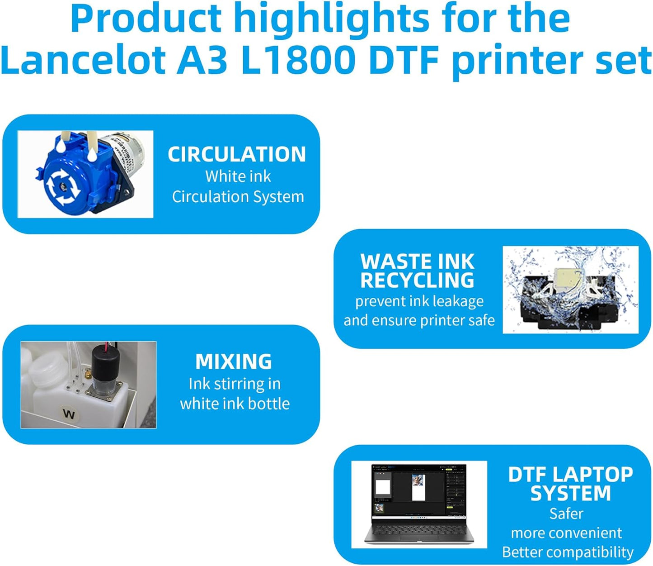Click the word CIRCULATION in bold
[237, 154]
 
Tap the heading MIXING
[234, 361]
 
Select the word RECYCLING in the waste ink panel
[417, 281]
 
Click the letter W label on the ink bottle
[69, 414]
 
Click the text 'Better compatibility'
[568, 552]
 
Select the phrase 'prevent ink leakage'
[419, 301]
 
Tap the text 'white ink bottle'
[235, 404]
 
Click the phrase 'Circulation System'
[238, 197]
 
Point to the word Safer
[566, 514]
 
